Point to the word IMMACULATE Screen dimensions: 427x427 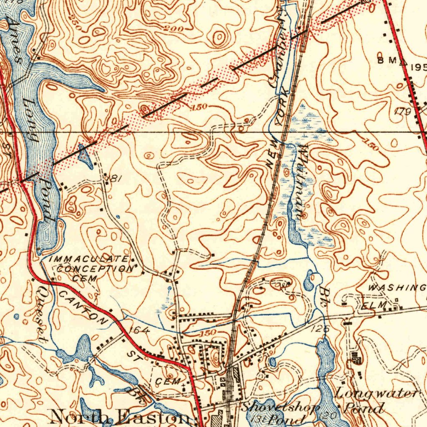coord(89,259)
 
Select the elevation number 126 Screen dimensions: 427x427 coord(320,329)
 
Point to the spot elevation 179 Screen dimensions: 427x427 coord(403,111)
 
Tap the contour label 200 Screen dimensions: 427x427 coord(172,29)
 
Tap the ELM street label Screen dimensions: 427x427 coord(369,306)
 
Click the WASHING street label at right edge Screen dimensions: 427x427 coord(397,287)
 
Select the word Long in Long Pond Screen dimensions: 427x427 coord(31,121)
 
